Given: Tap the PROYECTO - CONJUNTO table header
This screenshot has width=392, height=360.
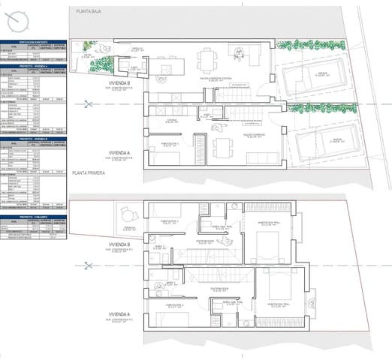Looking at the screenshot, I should coord(35,217).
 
